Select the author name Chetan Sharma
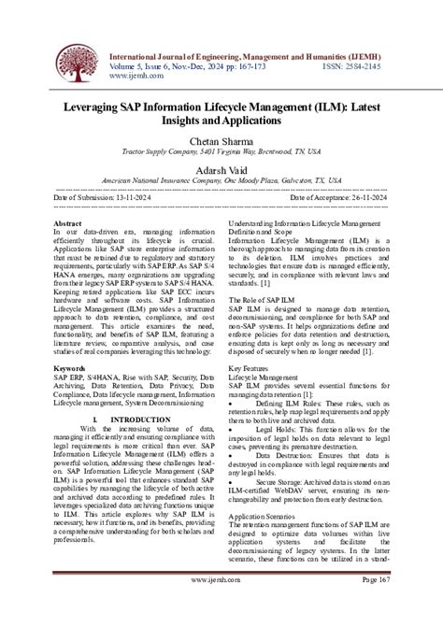[x=221, y=142]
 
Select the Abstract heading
[x=69, y=225]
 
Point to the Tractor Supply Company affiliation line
[x=221, y=154]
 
